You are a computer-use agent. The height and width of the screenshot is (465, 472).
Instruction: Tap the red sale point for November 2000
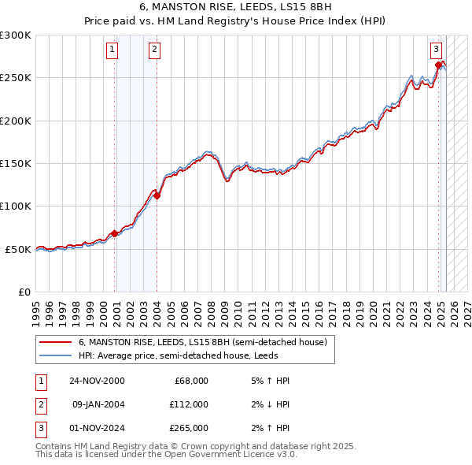pos(115,233)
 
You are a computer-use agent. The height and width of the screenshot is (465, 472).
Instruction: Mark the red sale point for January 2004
pos(157,196)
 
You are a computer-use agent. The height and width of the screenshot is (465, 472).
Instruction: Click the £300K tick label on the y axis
pos(16,35)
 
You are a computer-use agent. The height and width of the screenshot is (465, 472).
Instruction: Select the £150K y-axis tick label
pos(16,164)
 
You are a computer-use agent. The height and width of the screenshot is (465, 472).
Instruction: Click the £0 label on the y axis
pos(23,292)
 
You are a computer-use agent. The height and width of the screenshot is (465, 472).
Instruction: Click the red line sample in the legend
pos(56,343)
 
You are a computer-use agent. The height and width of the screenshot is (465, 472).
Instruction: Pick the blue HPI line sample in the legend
pos(56,355)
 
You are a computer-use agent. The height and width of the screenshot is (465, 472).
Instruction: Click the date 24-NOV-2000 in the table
pos(97,381)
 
